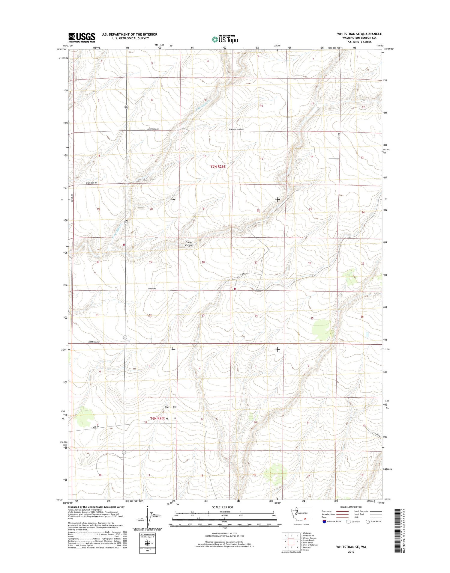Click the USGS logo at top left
pyautogui.click(x=82, y=37)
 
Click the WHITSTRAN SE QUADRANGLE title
pyautogui.click(x=359, y=34)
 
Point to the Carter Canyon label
pyautogui.click(x=189, y=244)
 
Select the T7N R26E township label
pyautogui.click(x=218, y=166)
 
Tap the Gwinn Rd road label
pyautogui.click(x=152, y=289)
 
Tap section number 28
pyautogui.click(x=203, y=262)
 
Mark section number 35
pyautogui.click(x=312, y=318)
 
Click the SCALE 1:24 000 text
pyautogui.click(x=222, y=507)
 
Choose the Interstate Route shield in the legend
pyautogui.click(x=324, y=521)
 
